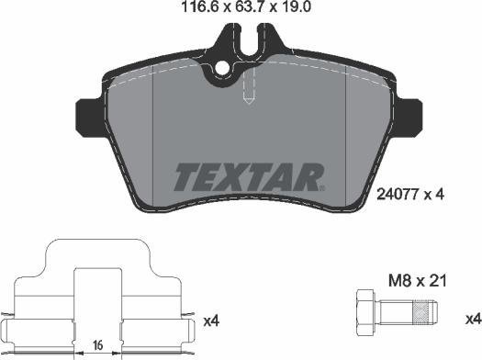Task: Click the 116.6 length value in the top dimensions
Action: pos(201,6)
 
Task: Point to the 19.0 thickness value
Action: pos(295,6)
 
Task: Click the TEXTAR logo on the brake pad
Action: pos(248,177)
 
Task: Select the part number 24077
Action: pos(398,195)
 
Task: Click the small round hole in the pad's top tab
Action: pos(222,68)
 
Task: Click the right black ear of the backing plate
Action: pos(408,117)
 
